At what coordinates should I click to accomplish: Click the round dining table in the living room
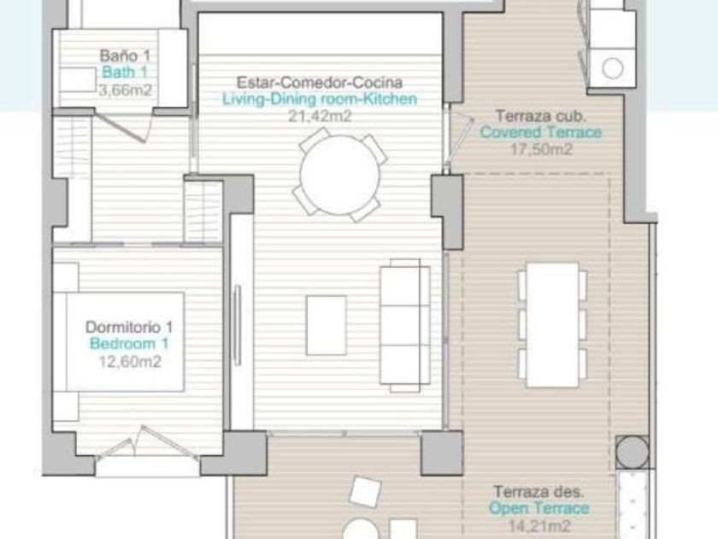point(340,175)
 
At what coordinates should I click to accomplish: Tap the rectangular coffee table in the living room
point(326,325)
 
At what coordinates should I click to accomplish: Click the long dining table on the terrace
point(552,325)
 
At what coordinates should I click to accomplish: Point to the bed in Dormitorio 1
point(119,342)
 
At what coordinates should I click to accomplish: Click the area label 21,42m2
point(320,116)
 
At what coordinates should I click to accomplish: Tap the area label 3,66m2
point(125,91)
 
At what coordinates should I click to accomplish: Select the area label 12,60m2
point(130,362)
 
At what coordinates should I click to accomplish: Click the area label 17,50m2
point(541,149)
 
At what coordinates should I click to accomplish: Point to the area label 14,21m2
point(539,525)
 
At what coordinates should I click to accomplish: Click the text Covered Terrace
point(541,133)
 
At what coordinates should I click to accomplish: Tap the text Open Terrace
point(539,508)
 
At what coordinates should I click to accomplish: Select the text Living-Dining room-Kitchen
point(320,99)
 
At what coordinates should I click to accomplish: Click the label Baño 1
point(125,56)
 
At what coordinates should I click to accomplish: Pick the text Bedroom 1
point(130,344)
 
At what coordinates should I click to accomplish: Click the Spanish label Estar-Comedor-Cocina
point(320,82)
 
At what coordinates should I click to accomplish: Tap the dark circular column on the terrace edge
point(632,452)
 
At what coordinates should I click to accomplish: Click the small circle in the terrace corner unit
point(612,68)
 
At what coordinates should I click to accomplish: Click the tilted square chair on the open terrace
point(365,492)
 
